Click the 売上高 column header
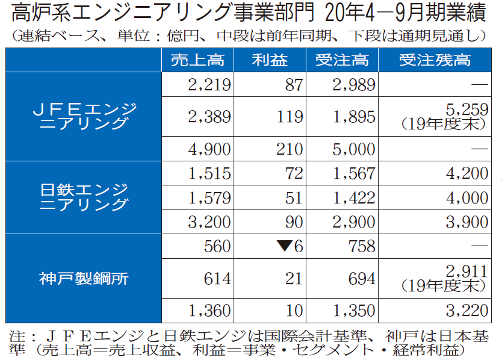(x=197, y=60)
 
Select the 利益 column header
(x=270, y=60)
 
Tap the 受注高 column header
(x=342, y=60)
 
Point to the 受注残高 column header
(x=435, y=60)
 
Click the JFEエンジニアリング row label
(x=84, y=116)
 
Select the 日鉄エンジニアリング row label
(x=84, y=197)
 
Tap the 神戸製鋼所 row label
(x=84, y=278)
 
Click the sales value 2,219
(x=209, y=85)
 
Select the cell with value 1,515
(x=209, y=174)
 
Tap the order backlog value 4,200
(x=467, y=174)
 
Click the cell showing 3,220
(x=467, y=311)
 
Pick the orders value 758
(x=361, y=246)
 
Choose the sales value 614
(x=217, y=278)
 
